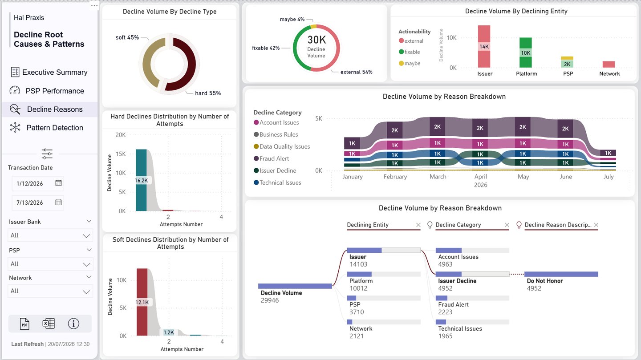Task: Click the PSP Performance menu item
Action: point(54,91)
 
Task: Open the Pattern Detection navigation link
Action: point(54,128)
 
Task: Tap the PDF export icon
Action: point(24,324)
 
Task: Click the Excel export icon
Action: point(49,324)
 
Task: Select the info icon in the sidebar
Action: point(73,324)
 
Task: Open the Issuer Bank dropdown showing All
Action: point(50,235)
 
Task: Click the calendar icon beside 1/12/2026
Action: point(58,183)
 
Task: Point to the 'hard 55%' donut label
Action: point(207,93)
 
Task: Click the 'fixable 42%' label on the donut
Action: point(266,48)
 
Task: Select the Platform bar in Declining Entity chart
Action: point(526,53)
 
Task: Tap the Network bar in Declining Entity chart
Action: point(609,65)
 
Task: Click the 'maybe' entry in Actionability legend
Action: point(412,63)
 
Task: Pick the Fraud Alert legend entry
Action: point(274,158)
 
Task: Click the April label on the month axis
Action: point(480,177)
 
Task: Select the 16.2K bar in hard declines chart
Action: point(141,180)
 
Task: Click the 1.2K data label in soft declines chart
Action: point(169,332)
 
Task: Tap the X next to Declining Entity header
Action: point(418,225)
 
